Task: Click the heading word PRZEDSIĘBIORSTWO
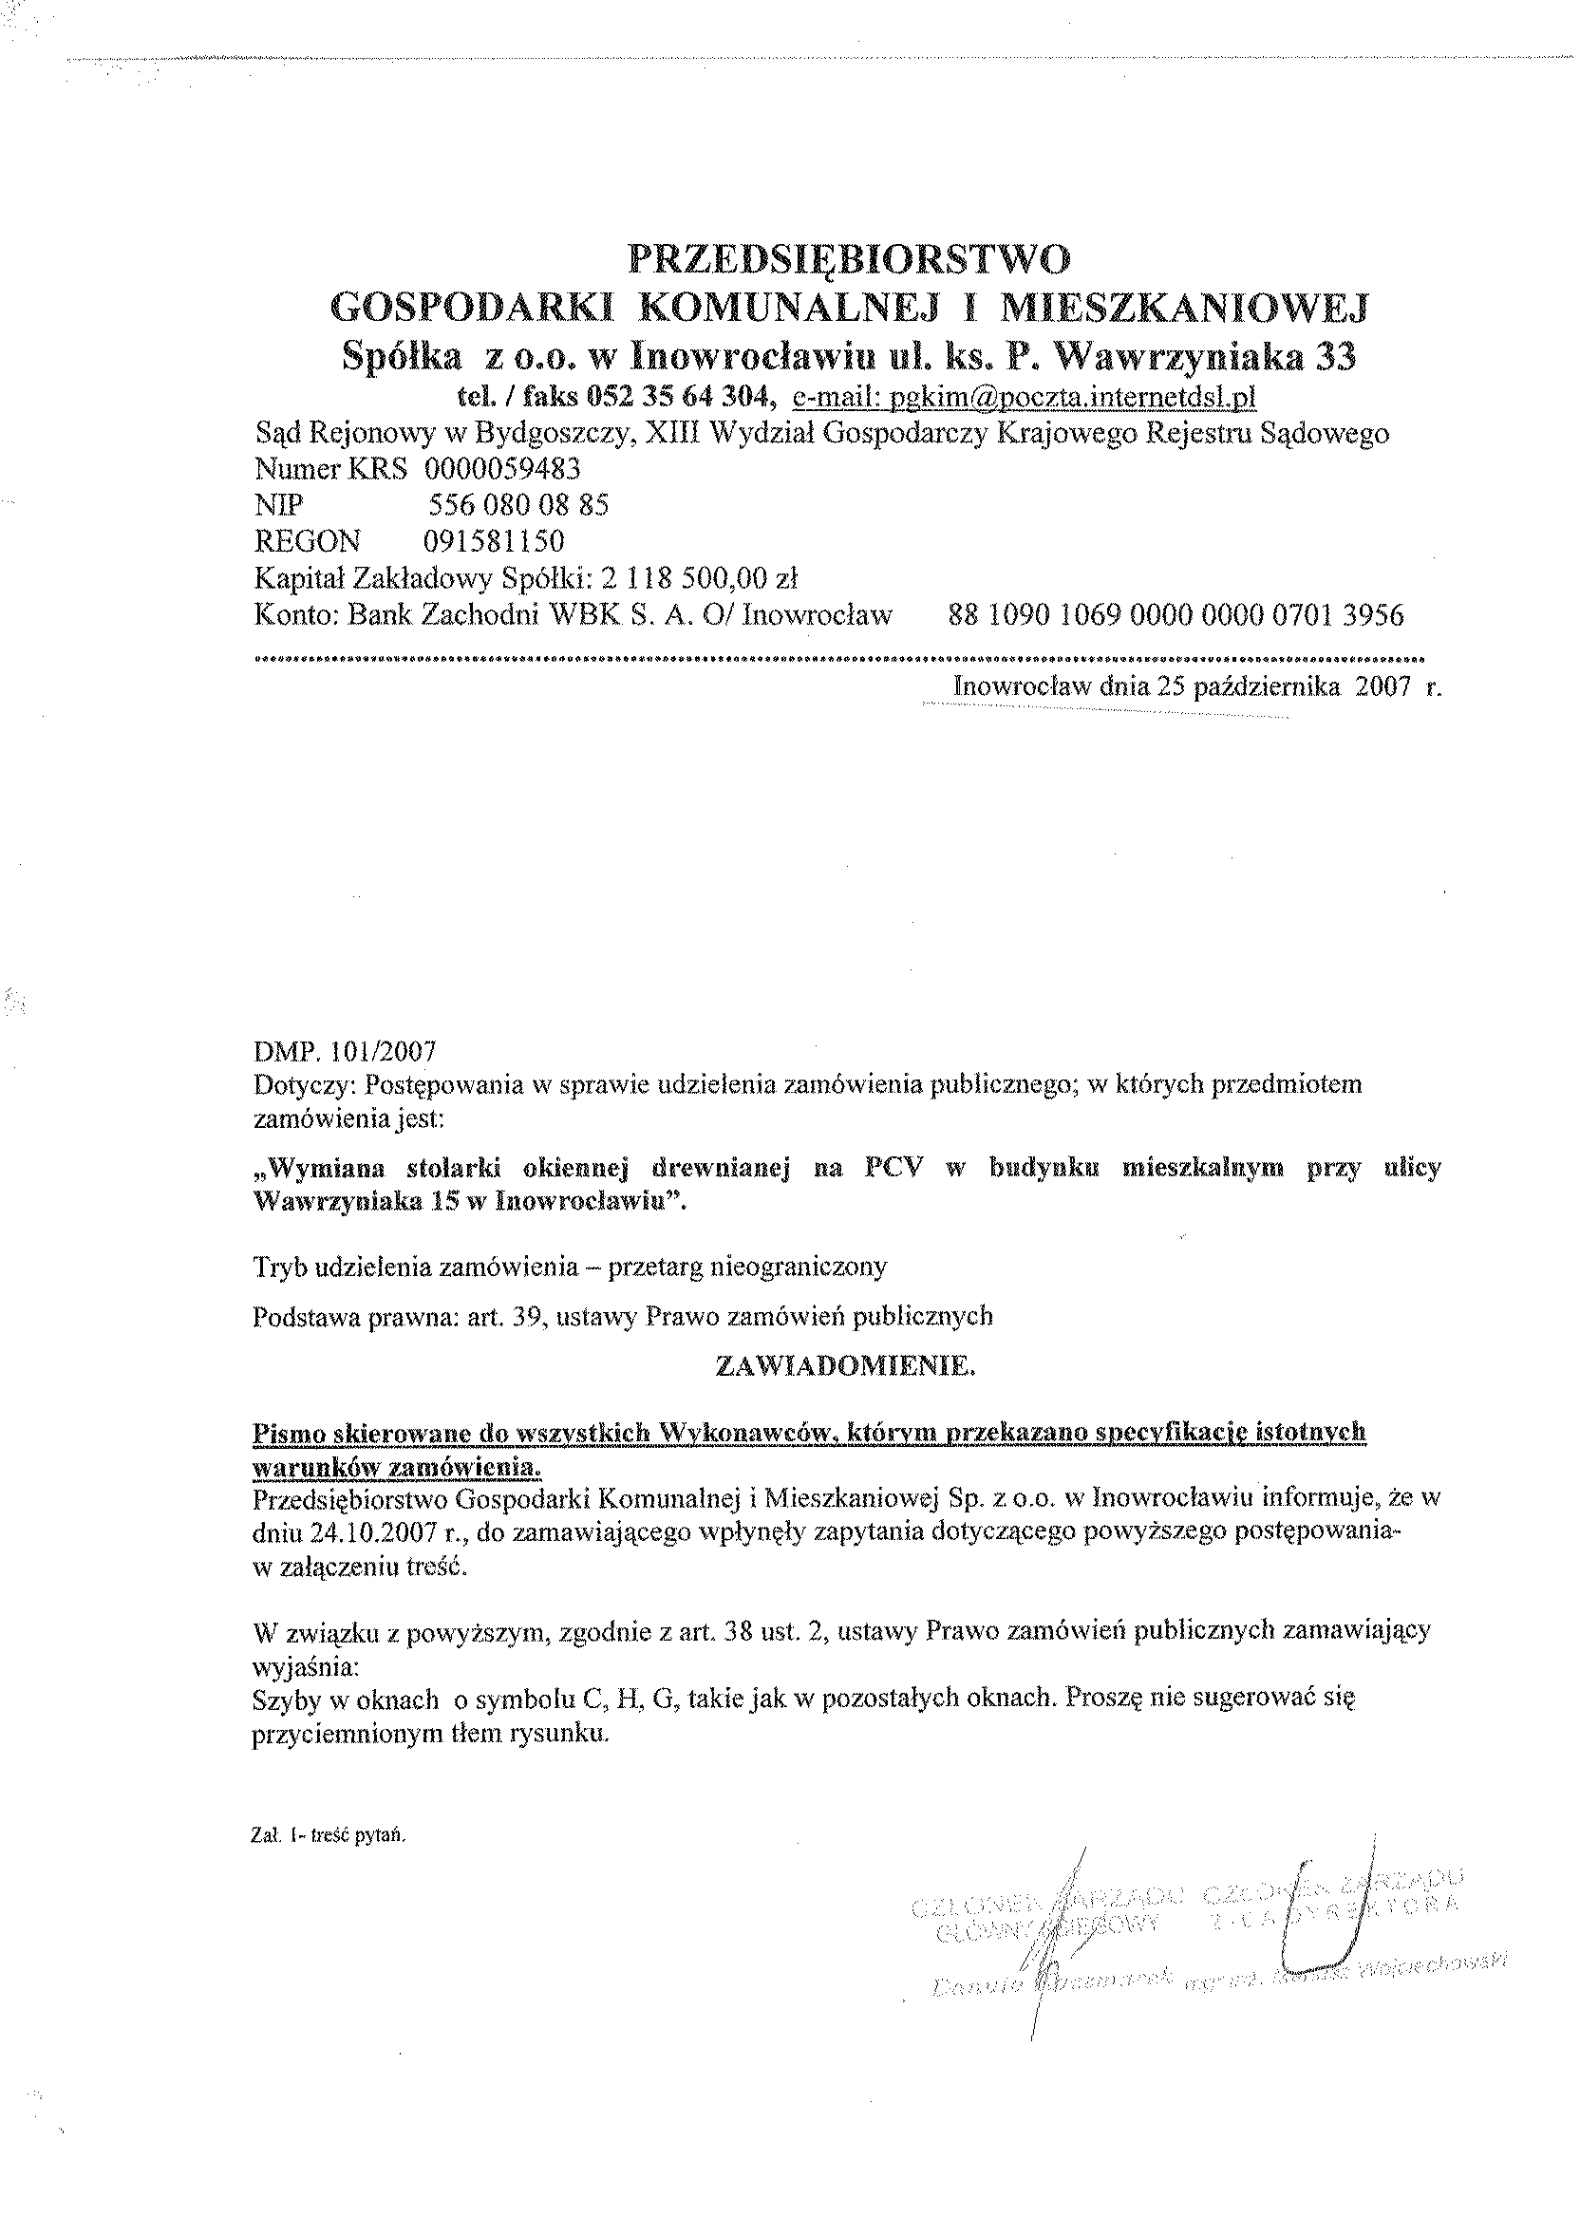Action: pos(850,258)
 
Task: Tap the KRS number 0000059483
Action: pos(502,469)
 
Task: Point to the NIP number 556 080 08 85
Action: pos(518,505)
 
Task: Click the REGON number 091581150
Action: pos(495,541)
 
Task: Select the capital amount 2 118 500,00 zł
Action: pos(700,579)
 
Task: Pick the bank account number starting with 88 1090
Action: pos(1176,615)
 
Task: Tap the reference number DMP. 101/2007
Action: pos(345,1052)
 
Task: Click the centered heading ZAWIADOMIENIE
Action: pos(844,1367)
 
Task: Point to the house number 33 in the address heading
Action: pos(1336,358)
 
